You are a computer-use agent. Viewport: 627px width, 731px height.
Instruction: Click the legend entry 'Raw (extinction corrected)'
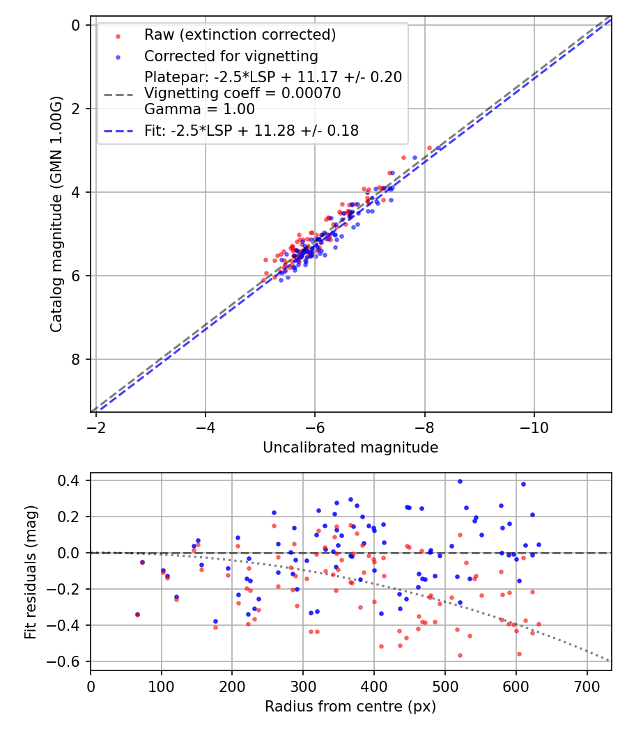(x=240, y=35)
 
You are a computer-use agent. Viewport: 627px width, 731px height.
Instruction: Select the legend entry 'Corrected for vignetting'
(x=231, y=56)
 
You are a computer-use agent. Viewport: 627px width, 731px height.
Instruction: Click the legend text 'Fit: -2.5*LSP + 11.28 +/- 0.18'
(x=251, y=131)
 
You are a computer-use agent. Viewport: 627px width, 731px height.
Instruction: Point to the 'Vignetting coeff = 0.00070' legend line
(x=242, y=93)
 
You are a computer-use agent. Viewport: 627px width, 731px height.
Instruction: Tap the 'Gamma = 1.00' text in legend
(x=199, y=109)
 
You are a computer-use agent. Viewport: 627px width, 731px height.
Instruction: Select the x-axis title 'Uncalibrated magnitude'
(x=350, y=448)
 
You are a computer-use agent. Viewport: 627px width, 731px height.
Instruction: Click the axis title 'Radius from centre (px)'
(x=350, y=707)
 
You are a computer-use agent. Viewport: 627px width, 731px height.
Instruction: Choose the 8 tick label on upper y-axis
(x=76, y=359)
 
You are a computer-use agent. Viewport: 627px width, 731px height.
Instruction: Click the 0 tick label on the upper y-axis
(x=76, y=25)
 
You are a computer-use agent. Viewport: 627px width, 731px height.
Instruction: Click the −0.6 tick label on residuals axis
(x=65, y=661)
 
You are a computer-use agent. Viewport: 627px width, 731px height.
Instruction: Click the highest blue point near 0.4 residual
(x=460, y=481)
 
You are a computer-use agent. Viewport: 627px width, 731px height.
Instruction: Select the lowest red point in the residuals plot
(x=460, y=655)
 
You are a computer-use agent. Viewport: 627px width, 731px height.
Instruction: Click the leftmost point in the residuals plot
(x=137, y=614)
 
